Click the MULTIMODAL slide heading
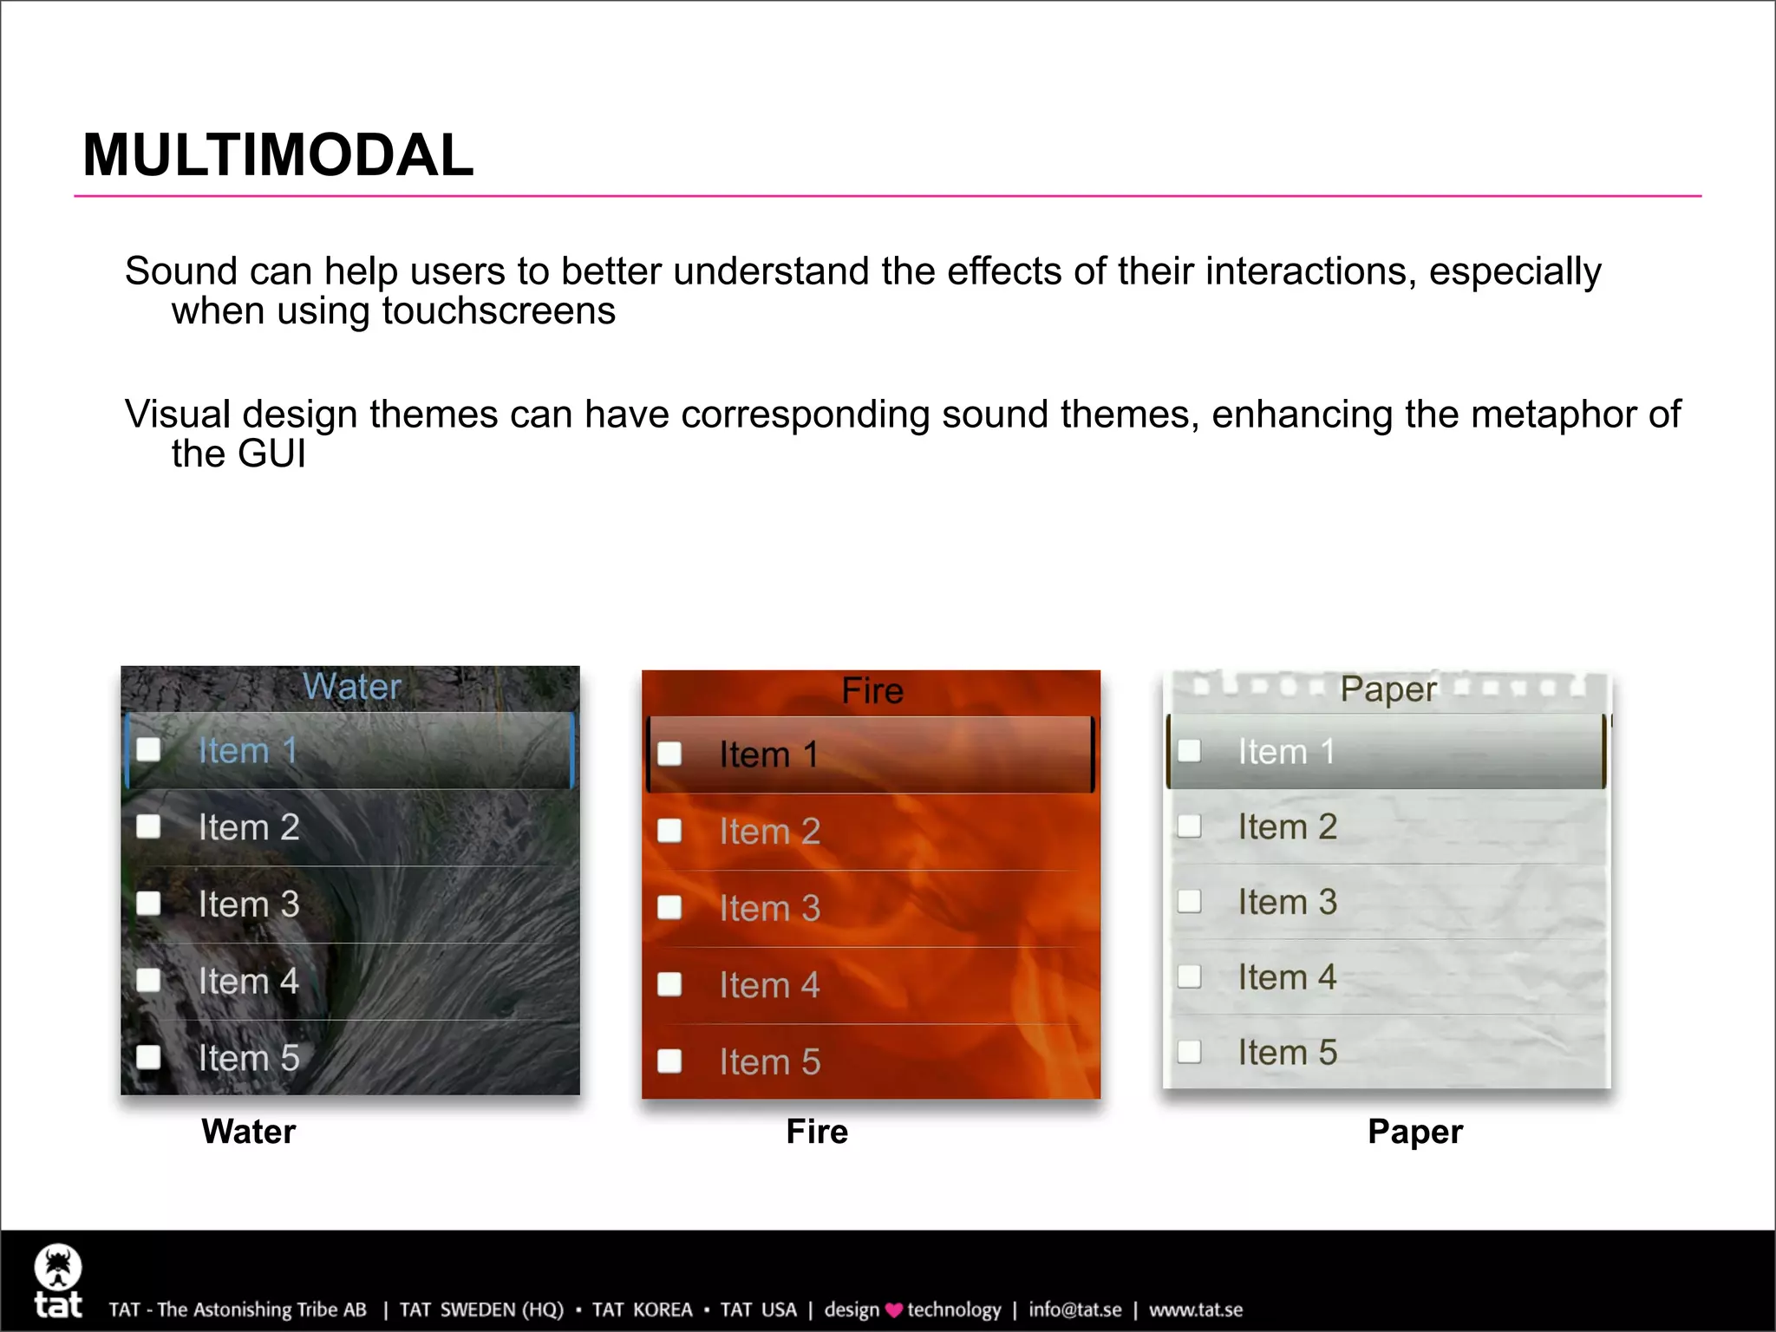[277, 156]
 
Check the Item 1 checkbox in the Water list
[149, 750]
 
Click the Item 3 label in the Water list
[249, 904]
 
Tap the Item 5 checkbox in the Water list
[149, 1057]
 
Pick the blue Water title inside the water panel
[352, 687]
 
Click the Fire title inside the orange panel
[872, 691]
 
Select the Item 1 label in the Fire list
[769, 754]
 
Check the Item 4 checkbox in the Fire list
[669, 984]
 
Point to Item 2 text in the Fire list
[769, 832]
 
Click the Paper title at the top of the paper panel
[1388, 689]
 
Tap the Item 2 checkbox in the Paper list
[1189, 826]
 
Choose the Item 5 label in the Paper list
[1287, 1053]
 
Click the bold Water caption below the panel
[249, 1132]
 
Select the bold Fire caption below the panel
[817, 1132]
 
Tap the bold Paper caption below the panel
[1414, 1132]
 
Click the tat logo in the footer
[58, 1282]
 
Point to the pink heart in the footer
[894, 1310]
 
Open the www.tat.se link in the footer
[1196, 1310]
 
